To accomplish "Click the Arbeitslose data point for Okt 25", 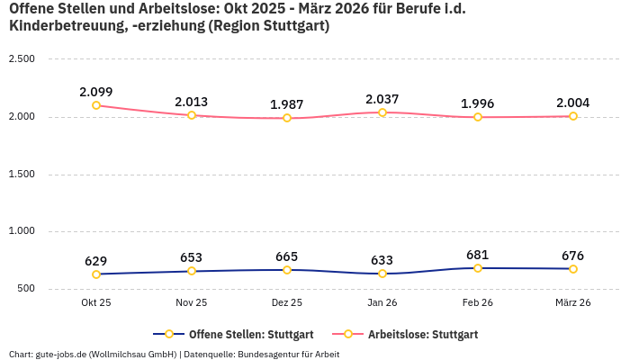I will click(96, 105).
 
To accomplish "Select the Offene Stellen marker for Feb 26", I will click(478, 268).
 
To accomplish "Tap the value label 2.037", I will click(382, 99).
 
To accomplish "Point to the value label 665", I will click(287, 256).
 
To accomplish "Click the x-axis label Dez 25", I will click(287, 303).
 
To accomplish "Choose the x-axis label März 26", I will click(573, 303).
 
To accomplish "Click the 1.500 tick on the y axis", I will click(21, 174).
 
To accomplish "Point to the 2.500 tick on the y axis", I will click(21, 59).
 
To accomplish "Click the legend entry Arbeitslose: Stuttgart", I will click(414, 334).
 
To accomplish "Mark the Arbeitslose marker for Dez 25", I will click(287, 118).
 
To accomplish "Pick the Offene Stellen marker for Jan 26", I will click(382, 274).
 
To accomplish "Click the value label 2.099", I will click(96, 92).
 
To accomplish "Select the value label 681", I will click(478, 255).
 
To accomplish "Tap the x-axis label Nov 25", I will click(192, 303).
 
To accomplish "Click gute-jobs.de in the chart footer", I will click(62, 355).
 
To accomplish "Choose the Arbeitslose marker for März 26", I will click(573, 116).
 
